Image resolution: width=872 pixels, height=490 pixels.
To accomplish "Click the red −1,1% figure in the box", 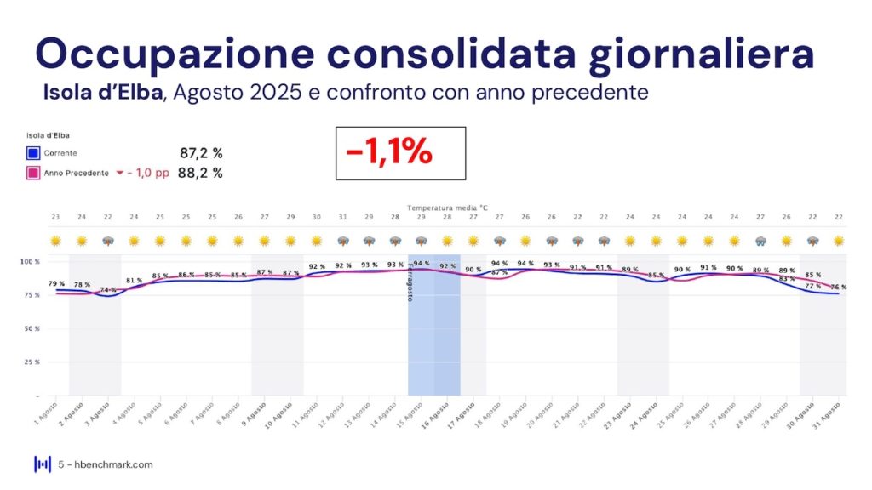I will click(389, 153).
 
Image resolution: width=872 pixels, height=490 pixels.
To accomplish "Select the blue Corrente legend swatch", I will click(33, 153).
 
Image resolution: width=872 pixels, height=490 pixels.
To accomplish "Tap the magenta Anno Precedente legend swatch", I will click(33, 174).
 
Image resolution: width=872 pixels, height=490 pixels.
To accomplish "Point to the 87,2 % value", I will click(201, 153).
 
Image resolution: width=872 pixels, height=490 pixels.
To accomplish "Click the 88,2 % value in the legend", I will click(201, 174).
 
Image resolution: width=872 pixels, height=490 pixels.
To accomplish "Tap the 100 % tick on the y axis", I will click(31, 261).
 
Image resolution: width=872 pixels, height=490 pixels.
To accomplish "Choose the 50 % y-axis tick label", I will click(32, 328).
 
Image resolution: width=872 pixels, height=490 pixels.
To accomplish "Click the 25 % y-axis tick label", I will click(32, 362).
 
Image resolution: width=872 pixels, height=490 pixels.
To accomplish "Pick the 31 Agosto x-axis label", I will click(830, 413).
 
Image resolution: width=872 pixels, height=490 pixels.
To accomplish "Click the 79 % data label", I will click(56, 284).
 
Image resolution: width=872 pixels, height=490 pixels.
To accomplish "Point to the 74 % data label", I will click(108, 290).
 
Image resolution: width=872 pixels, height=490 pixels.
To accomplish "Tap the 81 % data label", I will click(135, 281).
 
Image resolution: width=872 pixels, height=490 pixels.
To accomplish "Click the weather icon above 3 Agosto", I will click(108, 241).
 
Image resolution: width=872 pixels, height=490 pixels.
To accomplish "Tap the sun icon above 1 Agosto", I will click(56, 241).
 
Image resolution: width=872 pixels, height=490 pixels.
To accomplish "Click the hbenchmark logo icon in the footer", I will click(42, 464).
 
